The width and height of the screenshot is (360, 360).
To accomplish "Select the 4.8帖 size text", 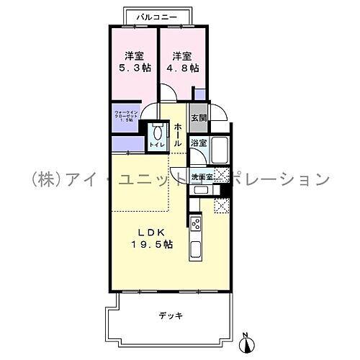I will click(181, 69).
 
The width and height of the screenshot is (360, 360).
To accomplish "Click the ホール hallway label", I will click(179, 135).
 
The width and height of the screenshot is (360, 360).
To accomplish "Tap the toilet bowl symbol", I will click(155, 134).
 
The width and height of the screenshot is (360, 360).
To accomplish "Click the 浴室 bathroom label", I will click(199, 143).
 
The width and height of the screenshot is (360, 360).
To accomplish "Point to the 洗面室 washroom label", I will click(202, 176).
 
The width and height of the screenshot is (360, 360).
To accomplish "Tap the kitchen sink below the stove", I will click(195, 251).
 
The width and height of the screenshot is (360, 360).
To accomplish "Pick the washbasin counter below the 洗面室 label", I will click(201, 190).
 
